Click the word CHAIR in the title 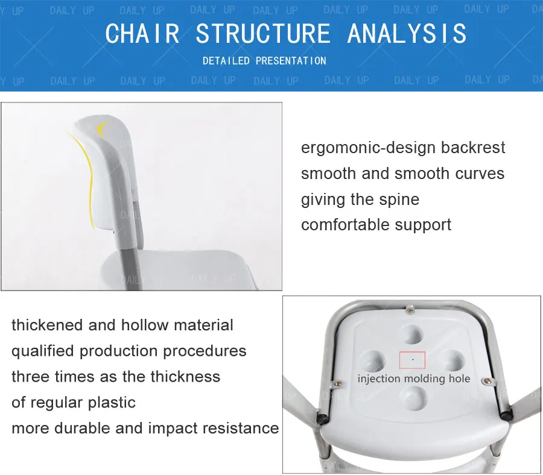click(142, 34)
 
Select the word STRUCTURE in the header click(263, 34)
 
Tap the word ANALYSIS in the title click(407, 34)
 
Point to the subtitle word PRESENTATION click(291, 61)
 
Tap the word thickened click(47, 325)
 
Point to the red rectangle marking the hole click(412, 360)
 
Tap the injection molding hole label click(414, 379)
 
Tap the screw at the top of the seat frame click(410, 309)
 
